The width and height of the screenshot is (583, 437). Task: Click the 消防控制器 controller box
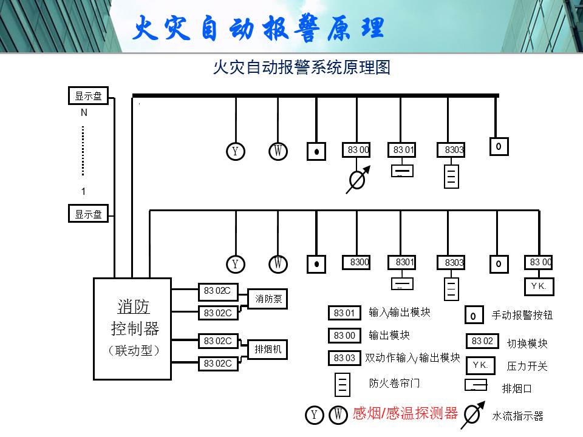click(132, 329)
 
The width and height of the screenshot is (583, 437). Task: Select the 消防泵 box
click(268, 299)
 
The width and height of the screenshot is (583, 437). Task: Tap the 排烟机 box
click(268, 350)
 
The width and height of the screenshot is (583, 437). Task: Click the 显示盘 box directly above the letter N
click(89, 96)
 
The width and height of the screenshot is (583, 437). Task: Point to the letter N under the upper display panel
click(84, 113)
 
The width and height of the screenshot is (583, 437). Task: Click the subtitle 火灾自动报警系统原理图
click(302, 67)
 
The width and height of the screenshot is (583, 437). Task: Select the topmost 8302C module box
click(218, 291)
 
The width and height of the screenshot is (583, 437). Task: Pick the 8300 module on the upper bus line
click(356, 150)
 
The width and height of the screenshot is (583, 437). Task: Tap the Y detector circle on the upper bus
click(236, 151)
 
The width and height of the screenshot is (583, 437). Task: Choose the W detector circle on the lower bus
click(278, 264)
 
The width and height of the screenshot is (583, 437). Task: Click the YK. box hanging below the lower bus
click(539, 286)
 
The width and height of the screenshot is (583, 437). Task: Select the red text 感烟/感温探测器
click(405, 413)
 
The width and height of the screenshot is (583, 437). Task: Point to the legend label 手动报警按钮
click(522, 315)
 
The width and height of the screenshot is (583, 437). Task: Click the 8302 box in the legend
click(482, 341)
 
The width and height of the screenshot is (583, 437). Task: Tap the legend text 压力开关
click(527, 367)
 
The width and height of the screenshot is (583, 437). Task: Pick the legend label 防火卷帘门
click(394, 383)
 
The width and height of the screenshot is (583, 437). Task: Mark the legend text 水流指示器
click(517, 416)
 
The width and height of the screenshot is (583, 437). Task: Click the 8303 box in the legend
click(344, 358)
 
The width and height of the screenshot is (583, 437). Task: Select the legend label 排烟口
click(517, 388)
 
